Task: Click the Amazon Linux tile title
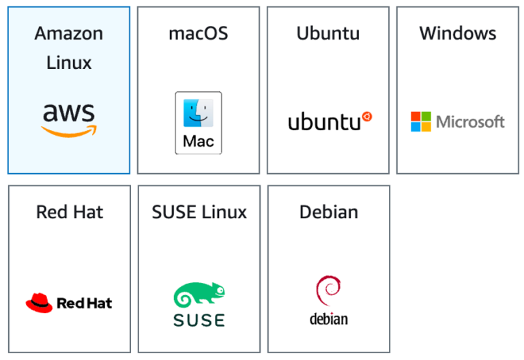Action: (x=69, y=48)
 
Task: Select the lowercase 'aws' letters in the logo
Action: (x=69, y=112)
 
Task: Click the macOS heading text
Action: (x=198, y=33)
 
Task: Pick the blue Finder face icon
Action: (x=198, y=113)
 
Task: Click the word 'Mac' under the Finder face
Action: (x=198, y=142)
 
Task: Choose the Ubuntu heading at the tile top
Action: (x=327, y=33)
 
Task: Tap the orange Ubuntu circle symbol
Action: (x=366, y=117)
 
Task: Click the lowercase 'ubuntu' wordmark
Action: (x=323, y=122)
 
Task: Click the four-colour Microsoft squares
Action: (x=420, y=122)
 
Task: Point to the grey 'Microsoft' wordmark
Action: (x=470, y=122)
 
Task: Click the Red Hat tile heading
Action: (x=70, y=212)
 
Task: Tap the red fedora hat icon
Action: (x=39, y=302)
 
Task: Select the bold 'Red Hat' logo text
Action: (x=84, y=303)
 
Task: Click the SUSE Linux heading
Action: (x=199, y=212)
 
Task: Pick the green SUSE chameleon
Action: (x=199, y=296)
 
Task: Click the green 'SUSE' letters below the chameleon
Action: (x=199, y=320)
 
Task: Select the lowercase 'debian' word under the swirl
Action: (x=328, y=318)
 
